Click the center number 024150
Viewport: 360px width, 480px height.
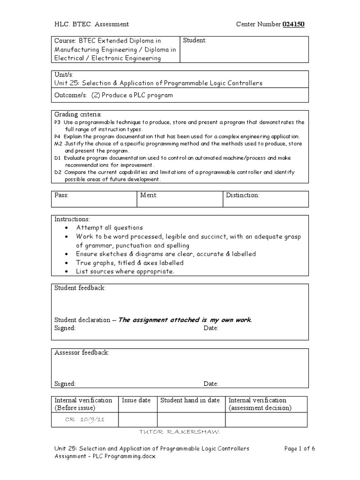point(293,24)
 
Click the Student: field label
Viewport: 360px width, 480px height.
point(195,41)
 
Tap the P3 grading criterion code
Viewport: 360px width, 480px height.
point(58,122)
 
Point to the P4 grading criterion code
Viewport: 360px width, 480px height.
point(58,136)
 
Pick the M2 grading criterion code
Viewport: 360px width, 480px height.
point(58,143)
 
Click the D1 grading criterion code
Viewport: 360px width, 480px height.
point(58,157)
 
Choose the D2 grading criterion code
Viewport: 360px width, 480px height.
point(58,172)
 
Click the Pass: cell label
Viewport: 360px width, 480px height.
point(62,195)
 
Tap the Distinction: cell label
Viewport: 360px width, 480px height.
point(243,195)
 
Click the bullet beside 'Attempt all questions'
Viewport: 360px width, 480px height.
point(68,228)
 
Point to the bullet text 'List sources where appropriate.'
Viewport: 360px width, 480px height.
point(125,271)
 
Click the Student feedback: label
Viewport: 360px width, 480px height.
point(80,288)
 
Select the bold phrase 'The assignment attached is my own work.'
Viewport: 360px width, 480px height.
point(185,320)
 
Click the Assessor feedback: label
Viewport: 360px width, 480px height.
point(82,352)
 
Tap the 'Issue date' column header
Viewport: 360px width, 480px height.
point(136,400)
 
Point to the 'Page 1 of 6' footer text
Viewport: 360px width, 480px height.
point(300,448)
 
